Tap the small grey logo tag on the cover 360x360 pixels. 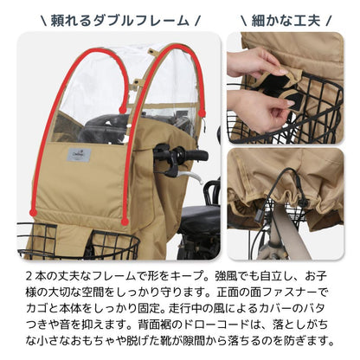point(80,155)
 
